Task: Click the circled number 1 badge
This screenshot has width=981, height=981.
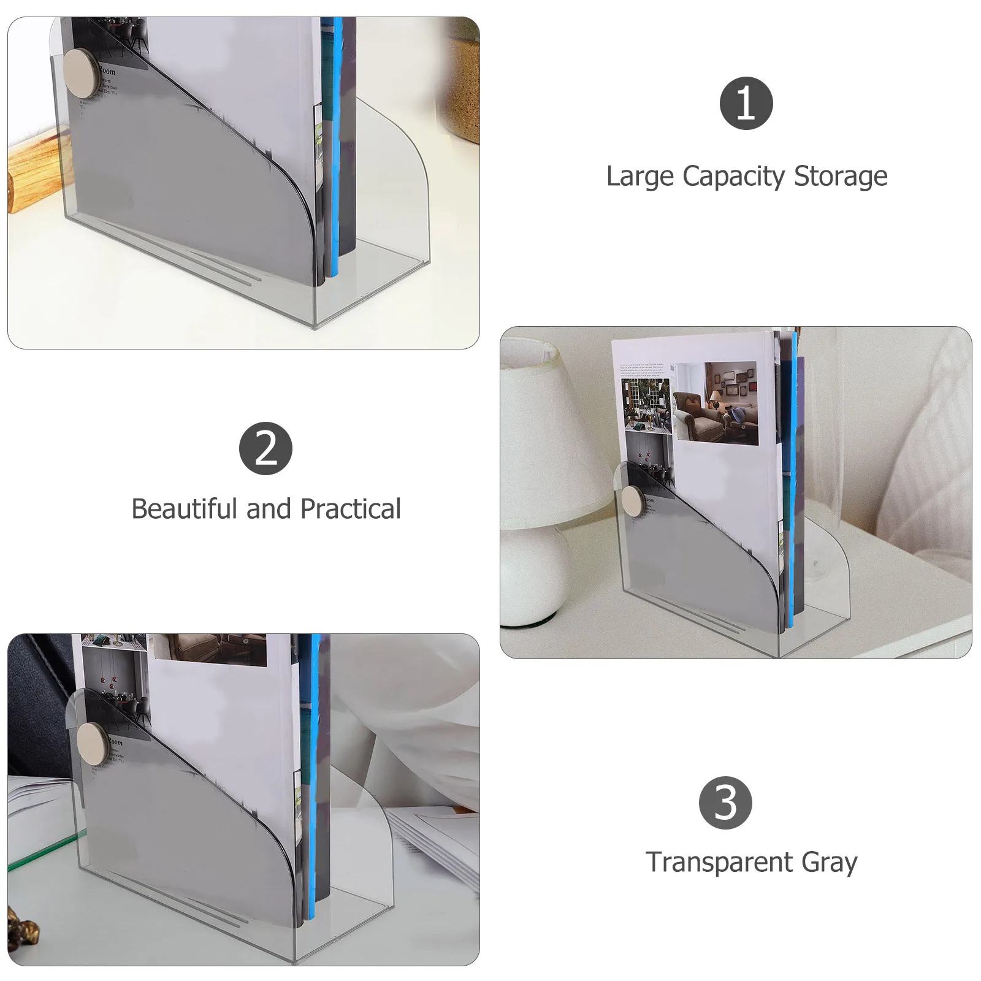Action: pos(746,103)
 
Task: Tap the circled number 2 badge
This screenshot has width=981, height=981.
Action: pos(265,448)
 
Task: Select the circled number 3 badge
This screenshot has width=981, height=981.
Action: pos(725,803)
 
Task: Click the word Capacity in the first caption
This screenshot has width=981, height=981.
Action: pos(733,177)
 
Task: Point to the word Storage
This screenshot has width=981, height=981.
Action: pos(841,177)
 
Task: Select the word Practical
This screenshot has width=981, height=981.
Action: pos(350,509)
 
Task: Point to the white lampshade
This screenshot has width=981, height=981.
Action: pos(546,435)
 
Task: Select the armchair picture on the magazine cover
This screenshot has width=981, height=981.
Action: pos(715,403)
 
